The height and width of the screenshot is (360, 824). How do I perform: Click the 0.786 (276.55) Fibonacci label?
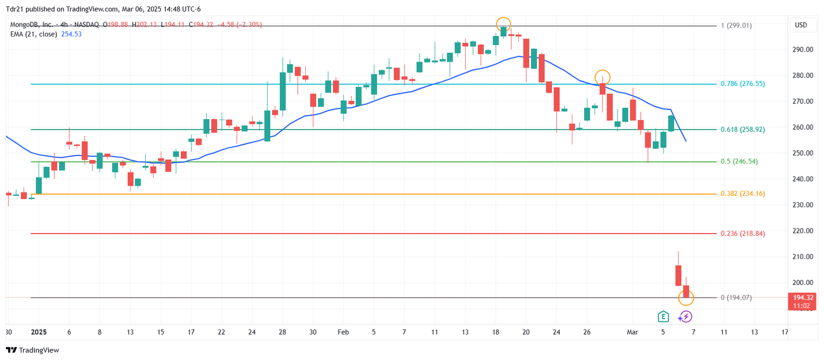pyautogui.click(x=742, y=84)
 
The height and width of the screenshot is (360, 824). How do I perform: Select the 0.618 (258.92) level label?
pyautogui.click(x=742, y=129)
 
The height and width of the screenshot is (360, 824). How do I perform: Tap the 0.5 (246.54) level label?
pyautogui.click(x=739, y=161)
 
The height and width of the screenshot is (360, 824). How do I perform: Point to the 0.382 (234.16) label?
pyautogui.click(x=742, y=194)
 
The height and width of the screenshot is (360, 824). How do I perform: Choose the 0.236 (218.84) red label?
pyautogui.click(x=742, y=233)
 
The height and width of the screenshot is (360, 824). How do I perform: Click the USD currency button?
pyautogui.click(x=801, y=25)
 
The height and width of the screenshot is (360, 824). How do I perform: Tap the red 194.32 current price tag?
pyautogui.click(x=803, y=297)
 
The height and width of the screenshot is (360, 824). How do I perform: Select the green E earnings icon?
pyautogui.click(x=664, y=317)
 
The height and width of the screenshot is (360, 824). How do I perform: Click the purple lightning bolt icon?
pyautogui.click(x=686, y=317)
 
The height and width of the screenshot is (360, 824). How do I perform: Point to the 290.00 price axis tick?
pyautogui.click(x=803, y=49)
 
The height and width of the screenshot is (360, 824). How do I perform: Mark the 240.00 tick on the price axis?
pyautogui.click(x=803, y=179)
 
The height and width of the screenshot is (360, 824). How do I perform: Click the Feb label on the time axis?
pyautogui.click(x=343, y=332)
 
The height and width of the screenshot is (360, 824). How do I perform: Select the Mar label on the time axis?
pyautogui.click(x=632, y=332)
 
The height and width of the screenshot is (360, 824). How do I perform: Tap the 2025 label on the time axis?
pyautogui.click(x=39, y=332)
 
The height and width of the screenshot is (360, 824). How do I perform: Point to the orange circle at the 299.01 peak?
pyautogui.click(x=503, y=24)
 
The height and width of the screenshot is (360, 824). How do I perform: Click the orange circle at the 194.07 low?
pyautogui.click(x=686, y=297)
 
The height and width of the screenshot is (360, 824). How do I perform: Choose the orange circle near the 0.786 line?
pyautogui.click(x=602, y=77)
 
